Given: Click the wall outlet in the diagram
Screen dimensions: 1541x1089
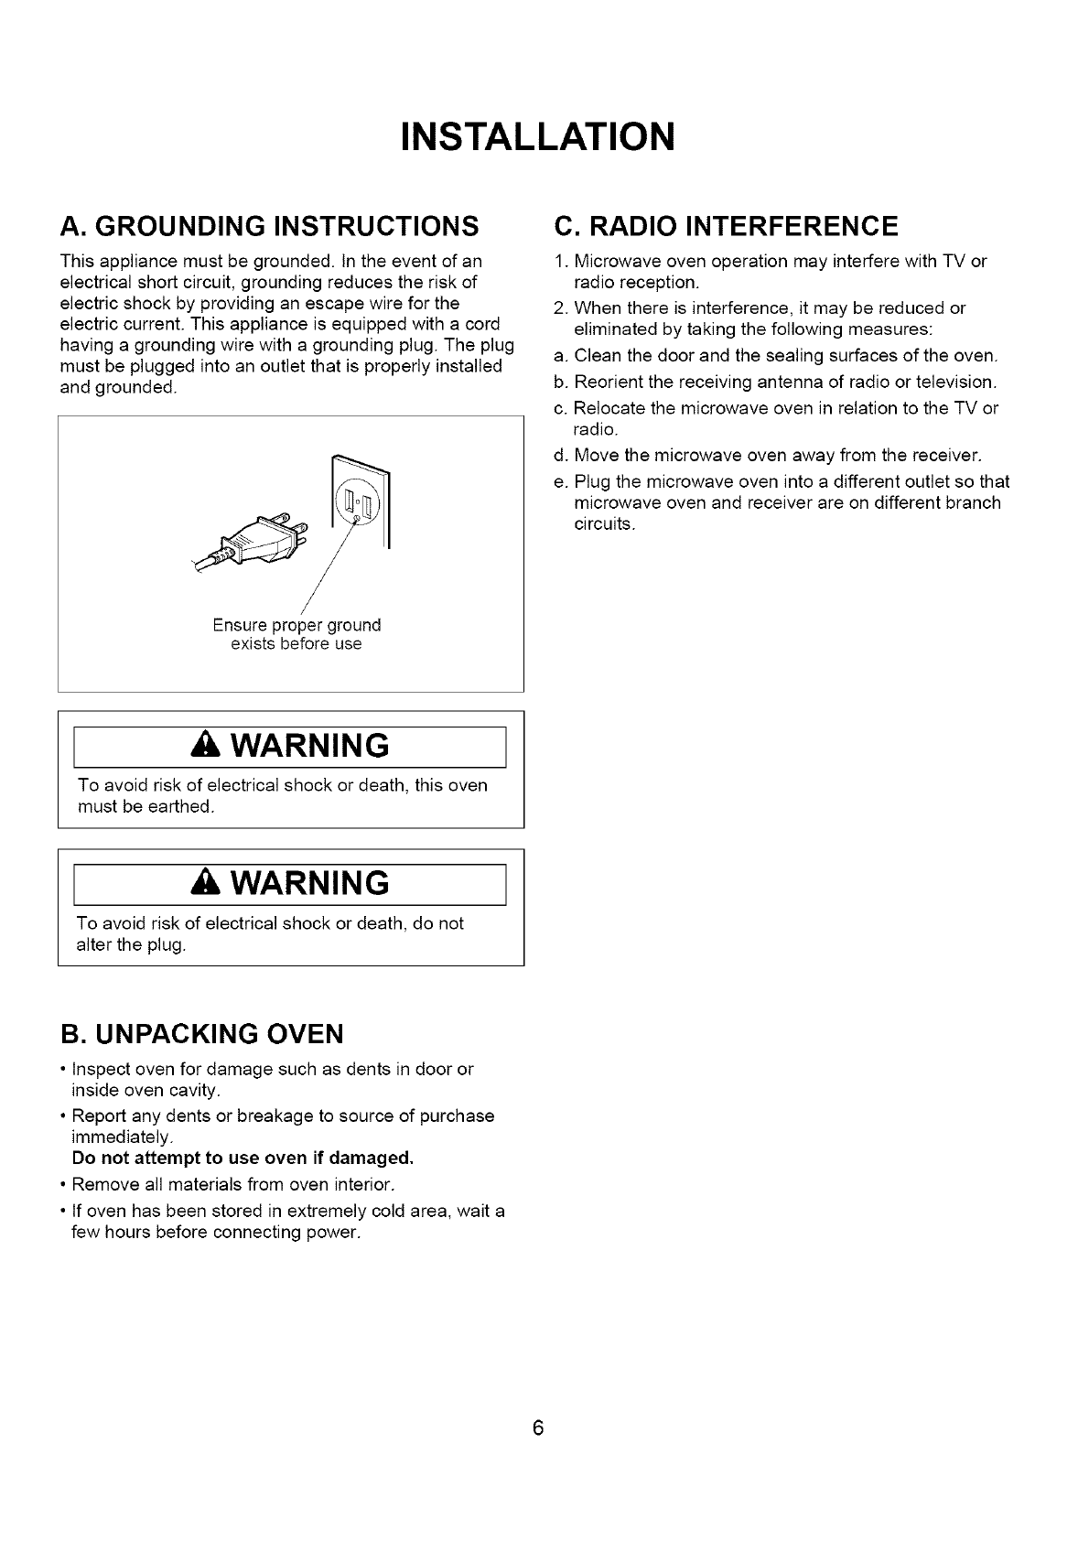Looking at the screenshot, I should coord(361,501).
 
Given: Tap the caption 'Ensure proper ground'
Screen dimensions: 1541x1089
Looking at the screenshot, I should coord(297,626).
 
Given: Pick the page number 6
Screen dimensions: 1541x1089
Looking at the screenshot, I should coord(538,1428).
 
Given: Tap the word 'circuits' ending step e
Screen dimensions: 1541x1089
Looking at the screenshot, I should coord(603,524).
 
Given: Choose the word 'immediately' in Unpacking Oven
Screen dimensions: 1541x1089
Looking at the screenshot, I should coord(120,1137).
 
